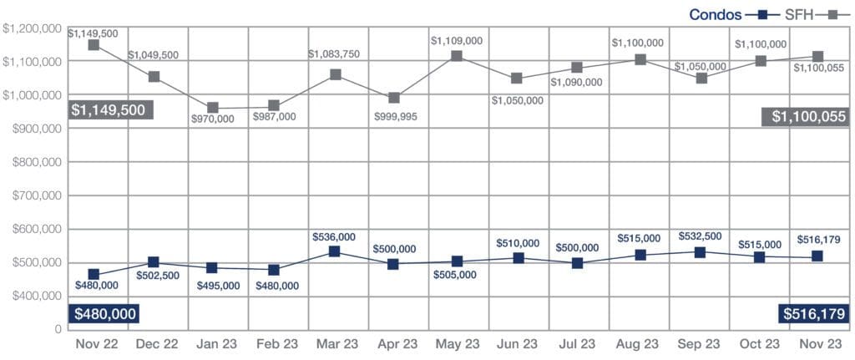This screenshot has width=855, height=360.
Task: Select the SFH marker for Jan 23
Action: (213, 108)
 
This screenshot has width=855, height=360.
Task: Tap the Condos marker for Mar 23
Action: (334, 251)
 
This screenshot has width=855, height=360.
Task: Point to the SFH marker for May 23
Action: (456, 56)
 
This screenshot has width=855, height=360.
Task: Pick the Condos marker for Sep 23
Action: (700, 252)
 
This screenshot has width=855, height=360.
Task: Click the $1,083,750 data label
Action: (334, 54)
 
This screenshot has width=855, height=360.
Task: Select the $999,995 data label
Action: (396, 116)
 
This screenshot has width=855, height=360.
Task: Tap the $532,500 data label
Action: (700, 236)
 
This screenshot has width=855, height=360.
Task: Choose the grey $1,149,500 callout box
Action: (103, 109)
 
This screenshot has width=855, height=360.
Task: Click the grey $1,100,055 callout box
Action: (805, 118)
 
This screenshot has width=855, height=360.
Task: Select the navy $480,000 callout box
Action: (103, 314)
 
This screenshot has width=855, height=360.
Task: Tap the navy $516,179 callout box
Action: (813, 314)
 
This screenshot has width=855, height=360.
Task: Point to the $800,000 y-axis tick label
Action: (32, 162)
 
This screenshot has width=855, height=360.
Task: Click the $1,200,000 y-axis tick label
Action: (32, 28)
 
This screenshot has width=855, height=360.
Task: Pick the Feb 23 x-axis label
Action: (273, 343)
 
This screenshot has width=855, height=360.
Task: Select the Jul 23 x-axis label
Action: (577, 343)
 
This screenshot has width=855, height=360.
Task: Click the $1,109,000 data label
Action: (456, 40)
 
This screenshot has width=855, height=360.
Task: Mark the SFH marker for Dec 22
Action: (153, 77)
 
